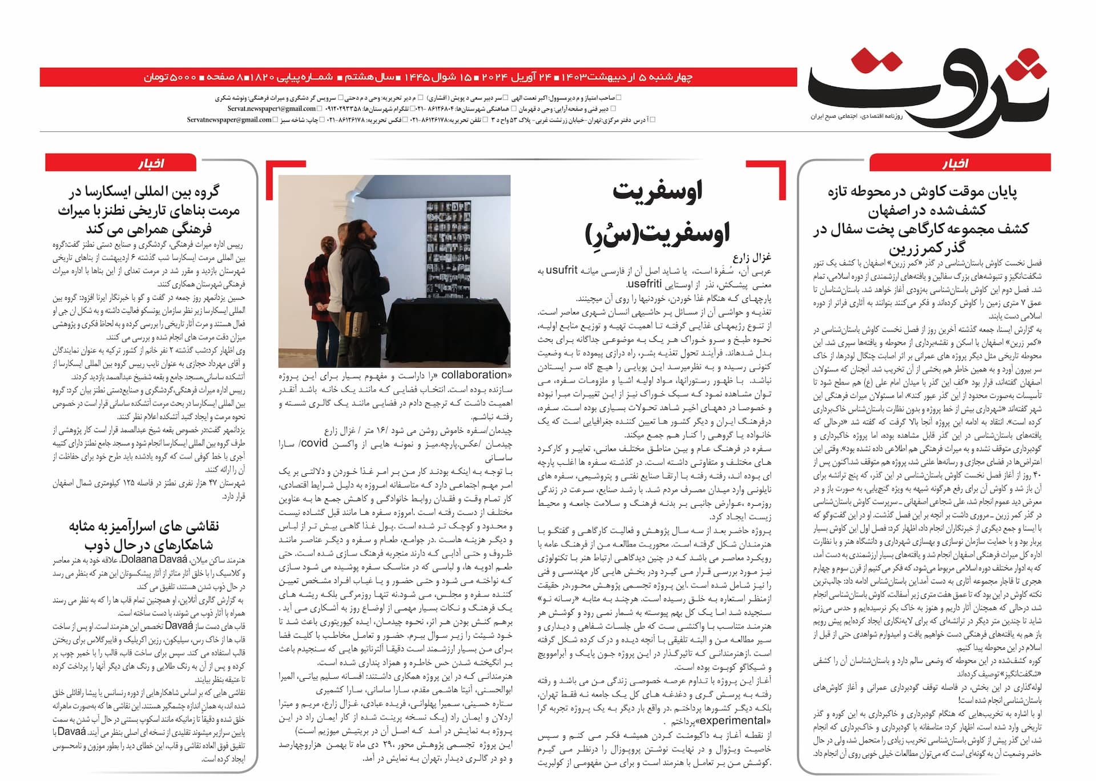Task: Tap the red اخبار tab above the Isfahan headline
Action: (x=960, y=163)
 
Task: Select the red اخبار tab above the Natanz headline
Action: (x=150, y=163)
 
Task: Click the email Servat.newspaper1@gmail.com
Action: (x=272, y=108)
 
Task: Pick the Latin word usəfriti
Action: (x=644, y=283)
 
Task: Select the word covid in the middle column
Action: (x=314, y=444)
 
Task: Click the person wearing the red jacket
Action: (x=317, y=303)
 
